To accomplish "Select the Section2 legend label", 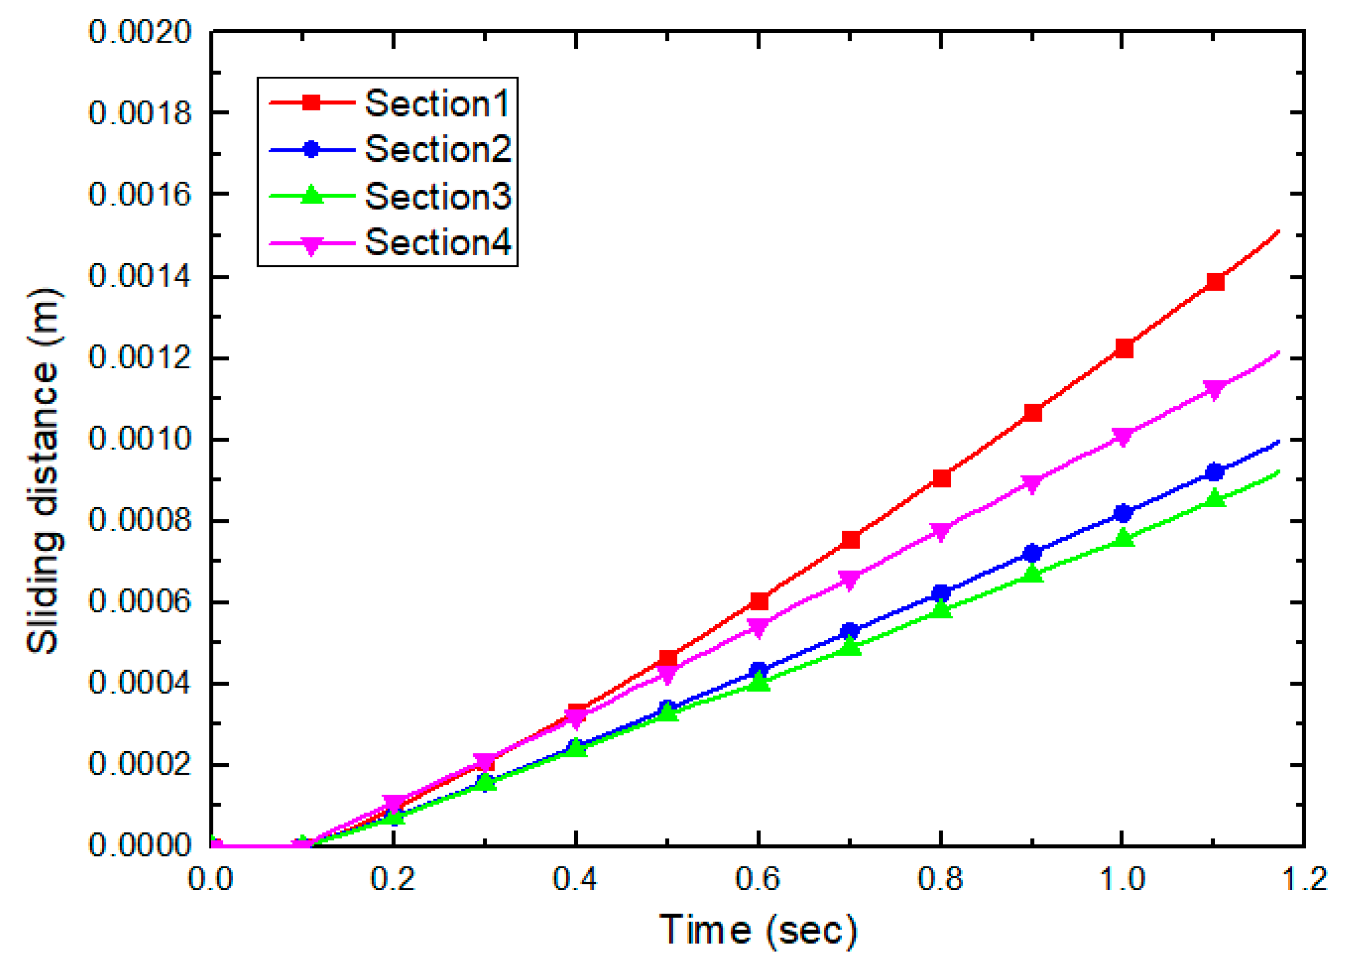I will point(437,149).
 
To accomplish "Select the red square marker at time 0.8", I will point(941,477).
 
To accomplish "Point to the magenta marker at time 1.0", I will point(1123,436).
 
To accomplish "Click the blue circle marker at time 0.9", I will point(1032,553).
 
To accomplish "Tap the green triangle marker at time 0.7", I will point(850,647).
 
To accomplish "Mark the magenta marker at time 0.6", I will point(759,626).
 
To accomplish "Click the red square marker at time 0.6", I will point(759,601).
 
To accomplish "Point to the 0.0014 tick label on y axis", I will point(140,276).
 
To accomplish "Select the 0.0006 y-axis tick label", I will point(140,602).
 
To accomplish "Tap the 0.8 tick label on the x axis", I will point(940,878).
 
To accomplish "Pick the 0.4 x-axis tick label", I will point(575,878).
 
